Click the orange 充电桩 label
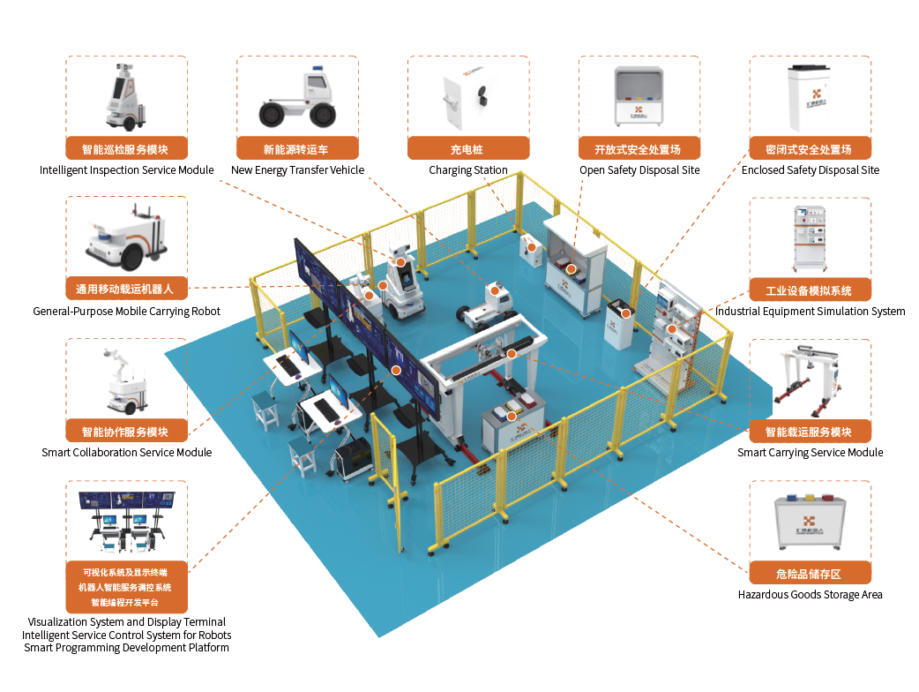(x=467, y=149)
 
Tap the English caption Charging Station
(x=467, y=170)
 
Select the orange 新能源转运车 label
(x=297, y=149)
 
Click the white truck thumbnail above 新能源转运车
(x=297, y=98)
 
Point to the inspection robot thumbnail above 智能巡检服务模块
(x=125, y=98)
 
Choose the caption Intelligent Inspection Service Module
(x=126, y=170)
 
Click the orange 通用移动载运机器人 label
(x=125, y=289)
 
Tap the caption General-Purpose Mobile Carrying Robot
(x=126, y=312)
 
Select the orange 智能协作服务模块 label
(x=125, y=432)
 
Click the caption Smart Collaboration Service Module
(x=126, y=453)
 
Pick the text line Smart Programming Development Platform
(x=126, y=648)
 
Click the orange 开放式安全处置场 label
(x=639, y=149)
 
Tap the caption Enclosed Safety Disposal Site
(x=810, y=170)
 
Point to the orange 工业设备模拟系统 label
(x=810, y=290)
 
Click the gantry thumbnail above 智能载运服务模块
(x=810, y=380)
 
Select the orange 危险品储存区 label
(x=810, y=574)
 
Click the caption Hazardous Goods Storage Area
(x=810, y=595)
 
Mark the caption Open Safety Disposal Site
(x=639, y=170)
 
